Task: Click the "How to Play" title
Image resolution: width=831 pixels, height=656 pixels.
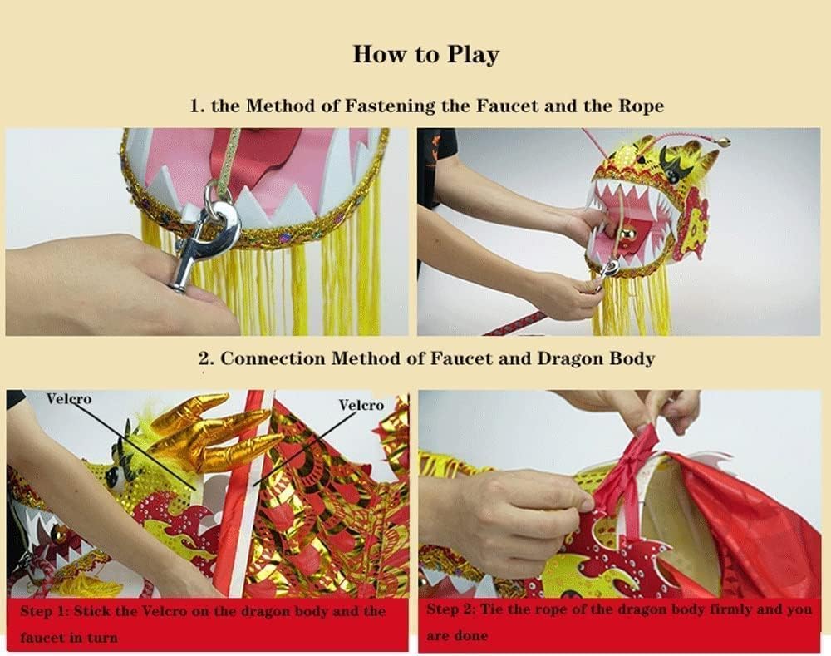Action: (x=426, y=55)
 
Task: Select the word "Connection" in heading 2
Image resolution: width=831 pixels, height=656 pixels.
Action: (x=273, y=358)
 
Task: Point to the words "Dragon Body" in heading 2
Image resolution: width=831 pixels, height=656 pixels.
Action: (x=596, y=358)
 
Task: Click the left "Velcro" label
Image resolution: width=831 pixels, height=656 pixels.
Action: (x=69, y=398)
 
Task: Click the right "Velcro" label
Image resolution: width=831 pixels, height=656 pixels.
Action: (x=361, y=405)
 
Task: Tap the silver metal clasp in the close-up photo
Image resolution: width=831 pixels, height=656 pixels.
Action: (x=205, y=234)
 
